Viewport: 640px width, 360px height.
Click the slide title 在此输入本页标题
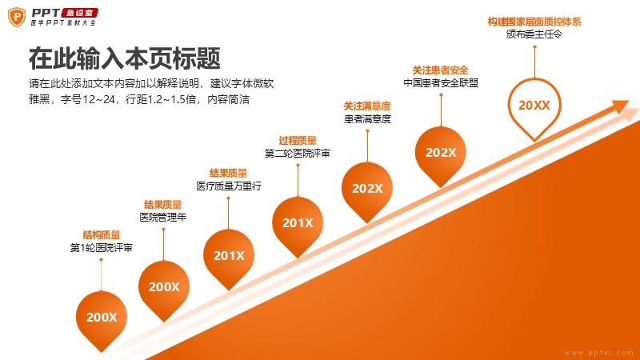[125, 58]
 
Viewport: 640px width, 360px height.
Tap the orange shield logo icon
[17, 17]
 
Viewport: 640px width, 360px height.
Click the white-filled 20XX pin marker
[534, 106]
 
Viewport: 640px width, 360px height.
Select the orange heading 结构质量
[102, 234]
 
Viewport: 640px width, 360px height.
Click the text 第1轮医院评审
[102, 248]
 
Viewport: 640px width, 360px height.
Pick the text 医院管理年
[163, 217]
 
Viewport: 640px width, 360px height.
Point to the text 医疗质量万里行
[229, 186]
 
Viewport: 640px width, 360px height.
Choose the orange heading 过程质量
[298, 141]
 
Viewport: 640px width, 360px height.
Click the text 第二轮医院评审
[297, 154]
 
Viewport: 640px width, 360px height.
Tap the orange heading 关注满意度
[367, 106]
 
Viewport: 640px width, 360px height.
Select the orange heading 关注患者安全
[441, 70]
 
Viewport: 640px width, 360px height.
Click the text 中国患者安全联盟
[441, 83]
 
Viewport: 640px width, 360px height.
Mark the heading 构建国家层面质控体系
[534, 22]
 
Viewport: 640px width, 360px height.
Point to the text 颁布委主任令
[534, 34]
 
